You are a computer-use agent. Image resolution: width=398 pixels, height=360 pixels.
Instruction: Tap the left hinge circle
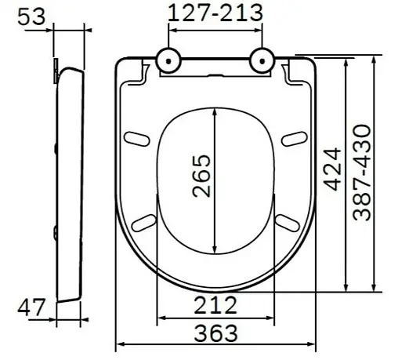(x=169, y=60)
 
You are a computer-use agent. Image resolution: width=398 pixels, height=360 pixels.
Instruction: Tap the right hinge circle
(x=262, y=60)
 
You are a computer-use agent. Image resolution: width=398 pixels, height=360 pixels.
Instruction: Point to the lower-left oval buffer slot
(x=144, y=222)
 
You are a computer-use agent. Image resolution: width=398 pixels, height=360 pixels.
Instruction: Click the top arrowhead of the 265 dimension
(x=215, y=111)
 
